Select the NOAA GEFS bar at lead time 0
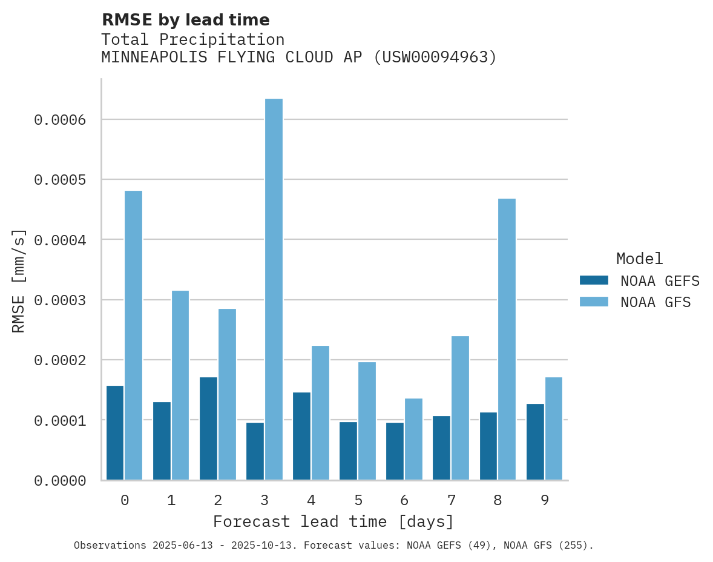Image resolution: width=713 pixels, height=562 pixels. tap(115, 433)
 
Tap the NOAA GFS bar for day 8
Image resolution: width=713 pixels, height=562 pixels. tap(507, 339)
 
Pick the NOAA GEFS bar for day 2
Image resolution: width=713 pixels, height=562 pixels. tap(208, 429)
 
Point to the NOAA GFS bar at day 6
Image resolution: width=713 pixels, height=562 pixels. tap(413, 439)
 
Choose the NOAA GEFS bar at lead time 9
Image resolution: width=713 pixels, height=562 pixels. tap(535, 442)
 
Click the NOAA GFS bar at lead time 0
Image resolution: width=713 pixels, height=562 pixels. tap(134, 336)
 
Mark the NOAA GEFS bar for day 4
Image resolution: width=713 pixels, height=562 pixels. tap(301, 436)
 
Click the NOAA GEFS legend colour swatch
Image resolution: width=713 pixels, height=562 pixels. tap(594, 280)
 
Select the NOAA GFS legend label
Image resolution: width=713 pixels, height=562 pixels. tap(655, 302)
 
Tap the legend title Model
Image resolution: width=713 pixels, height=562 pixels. tap(640, 259)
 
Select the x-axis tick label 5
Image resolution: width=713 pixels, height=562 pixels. tap(358, 500)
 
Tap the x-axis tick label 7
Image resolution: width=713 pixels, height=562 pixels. tap(452, 500)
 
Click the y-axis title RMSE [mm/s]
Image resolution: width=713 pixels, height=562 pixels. tap(19, 280)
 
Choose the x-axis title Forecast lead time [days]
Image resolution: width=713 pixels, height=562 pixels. tap(333, 521)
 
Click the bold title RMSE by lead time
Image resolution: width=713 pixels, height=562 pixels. tap(185, 20)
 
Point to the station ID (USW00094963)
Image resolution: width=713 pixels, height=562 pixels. tap(435, 58)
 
